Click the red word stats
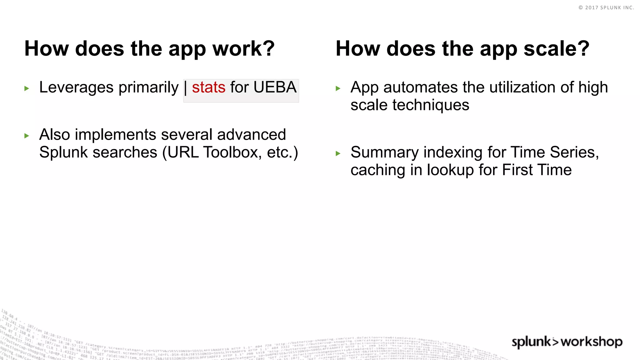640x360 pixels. [208, 87]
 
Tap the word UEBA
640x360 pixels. [275, 87]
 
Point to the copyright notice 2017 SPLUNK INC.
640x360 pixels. [606, 7]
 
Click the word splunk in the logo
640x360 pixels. [531, 342]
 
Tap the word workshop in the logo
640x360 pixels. [592, 342]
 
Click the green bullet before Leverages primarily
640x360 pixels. [27, 88]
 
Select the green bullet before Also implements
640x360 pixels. [27, 136]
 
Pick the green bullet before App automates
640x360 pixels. [338, 88]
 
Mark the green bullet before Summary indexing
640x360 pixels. [338, 153]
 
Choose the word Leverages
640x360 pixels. [76, 87]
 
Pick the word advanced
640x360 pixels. [251, 135]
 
